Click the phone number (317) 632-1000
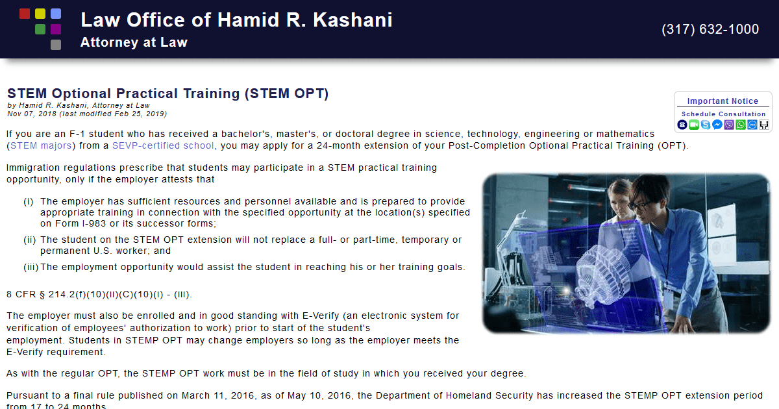pos(710,29)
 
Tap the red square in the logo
pos(25,14)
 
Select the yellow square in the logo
pos(40,14)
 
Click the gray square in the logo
pos(56,45)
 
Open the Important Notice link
pos(723,101)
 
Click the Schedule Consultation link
pos(723,114)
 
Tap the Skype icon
pos(705,125)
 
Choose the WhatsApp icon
pos(740,125)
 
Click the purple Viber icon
pos(728,125)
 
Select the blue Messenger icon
pos(717,125)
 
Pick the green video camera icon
pos(693,125)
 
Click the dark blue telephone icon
pos(682,125)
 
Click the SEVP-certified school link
pos(163,145)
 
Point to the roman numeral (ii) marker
pos(29,240)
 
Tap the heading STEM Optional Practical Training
pos(167,93)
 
